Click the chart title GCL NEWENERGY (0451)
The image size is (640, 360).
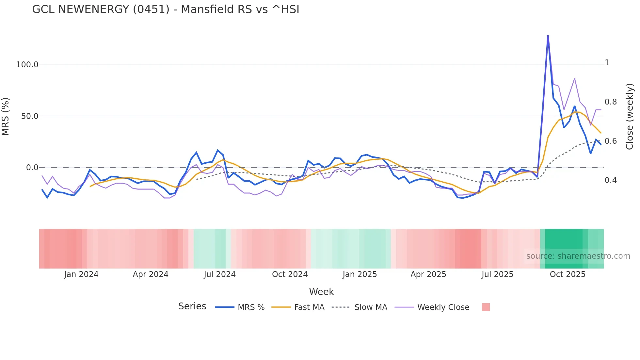[166, 9]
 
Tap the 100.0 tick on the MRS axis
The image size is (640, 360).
[27, 65]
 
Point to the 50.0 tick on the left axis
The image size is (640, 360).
[29, 116]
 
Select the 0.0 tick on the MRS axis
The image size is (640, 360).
[32, 168]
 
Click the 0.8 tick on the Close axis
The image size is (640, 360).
[611, 102]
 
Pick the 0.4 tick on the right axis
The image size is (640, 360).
[611, 180]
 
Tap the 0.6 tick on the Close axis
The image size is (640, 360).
[611, 141]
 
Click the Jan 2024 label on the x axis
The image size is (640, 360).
[81, 274]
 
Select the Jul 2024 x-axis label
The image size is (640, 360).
[220, 274]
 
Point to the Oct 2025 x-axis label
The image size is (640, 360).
[568, 274]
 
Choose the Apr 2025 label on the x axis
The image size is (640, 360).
[428, 274]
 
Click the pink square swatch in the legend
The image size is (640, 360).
[486, 307]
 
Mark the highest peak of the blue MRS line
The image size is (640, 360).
[548, 35]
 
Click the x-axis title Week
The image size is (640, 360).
[321, 292]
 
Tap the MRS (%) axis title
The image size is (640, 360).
[6, 116]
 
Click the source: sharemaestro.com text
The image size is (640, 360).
[578, 256]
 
